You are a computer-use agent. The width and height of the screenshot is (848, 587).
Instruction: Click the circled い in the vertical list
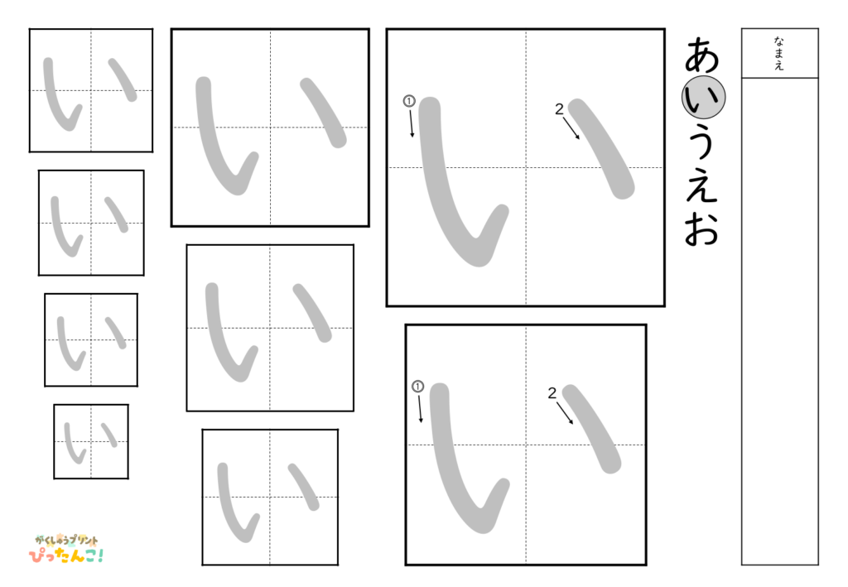tap(703, 99)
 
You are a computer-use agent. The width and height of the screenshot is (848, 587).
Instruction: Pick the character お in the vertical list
tap(702, 230)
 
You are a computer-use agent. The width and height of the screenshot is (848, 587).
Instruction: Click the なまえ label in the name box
tap(779, 53)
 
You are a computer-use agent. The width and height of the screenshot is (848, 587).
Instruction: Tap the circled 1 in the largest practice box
tap(408, 101)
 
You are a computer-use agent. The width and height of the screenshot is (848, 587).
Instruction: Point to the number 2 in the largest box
tap(559, 108)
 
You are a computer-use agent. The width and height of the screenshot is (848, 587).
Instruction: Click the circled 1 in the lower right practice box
tap(417, 387)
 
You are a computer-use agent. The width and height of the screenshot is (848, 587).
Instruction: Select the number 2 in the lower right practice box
tap(552, 393)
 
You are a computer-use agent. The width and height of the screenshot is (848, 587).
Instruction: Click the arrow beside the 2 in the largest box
tap(571, 128)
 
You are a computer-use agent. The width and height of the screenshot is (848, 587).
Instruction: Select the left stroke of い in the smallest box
tap(73, 444)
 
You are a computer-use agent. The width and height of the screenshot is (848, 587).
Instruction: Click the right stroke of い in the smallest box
tap(108, 434)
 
